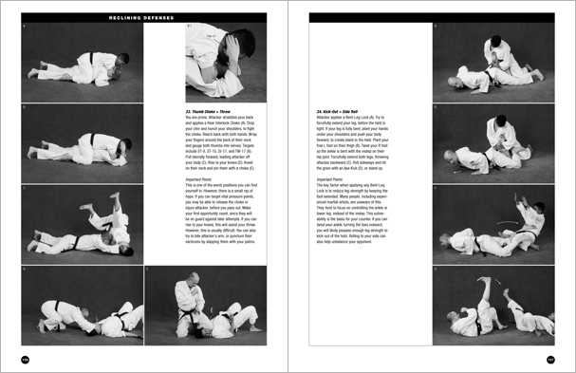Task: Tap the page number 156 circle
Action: tap(26, 359)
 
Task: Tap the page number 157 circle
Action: tap(549, 359)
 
